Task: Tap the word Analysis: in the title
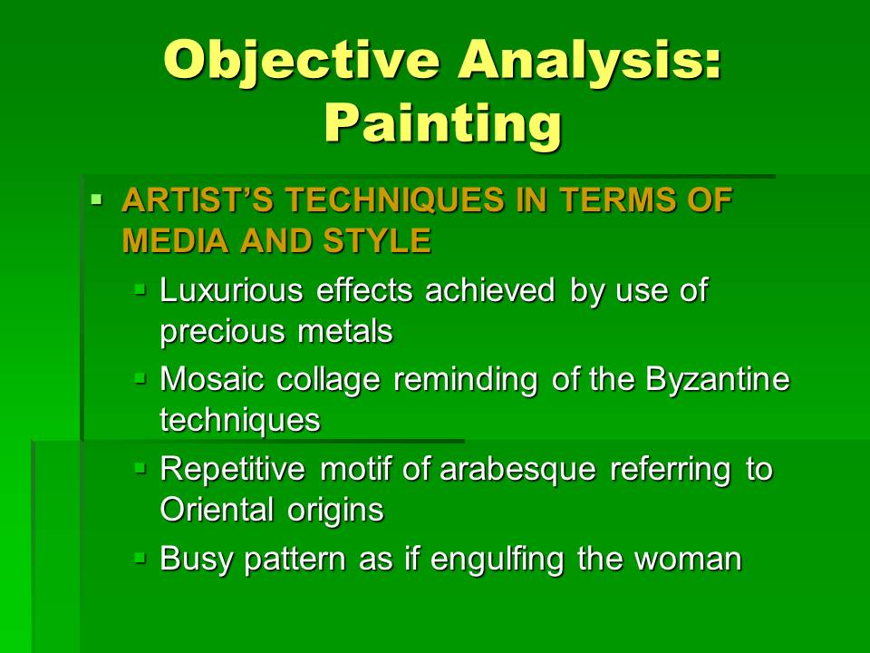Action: point(590,61)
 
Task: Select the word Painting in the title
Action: point(443,125)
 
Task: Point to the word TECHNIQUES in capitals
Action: point(395,200)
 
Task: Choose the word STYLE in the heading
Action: point(377,240)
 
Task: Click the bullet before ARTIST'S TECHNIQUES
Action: point(97,198)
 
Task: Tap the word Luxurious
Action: point(231,290)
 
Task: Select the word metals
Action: point(345,332)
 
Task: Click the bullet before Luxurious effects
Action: point(140,288)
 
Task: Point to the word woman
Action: point(688,559)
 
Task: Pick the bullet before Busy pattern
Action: point(140,557)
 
